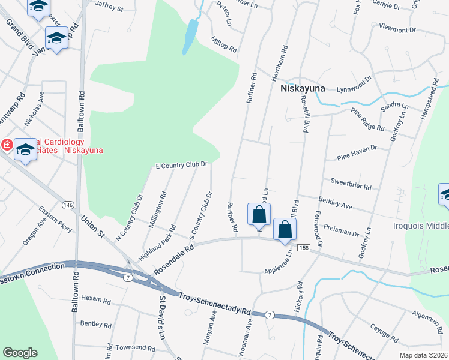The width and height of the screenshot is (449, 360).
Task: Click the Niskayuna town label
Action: (303, 88)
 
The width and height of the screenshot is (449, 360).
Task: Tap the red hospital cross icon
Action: (7, 145)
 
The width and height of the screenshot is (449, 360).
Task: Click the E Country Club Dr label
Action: (181, 164)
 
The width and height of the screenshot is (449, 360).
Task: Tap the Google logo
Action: (20, 353)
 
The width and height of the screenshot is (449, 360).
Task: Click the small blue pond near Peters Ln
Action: (191, 37)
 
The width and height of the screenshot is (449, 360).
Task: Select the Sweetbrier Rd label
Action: (351, 183)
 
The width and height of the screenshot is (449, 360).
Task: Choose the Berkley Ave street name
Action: (334, 202)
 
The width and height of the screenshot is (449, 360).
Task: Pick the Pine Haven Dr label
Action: (356, 151)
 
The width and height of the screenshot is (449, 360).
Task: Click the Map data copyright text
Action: (423, 355)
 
